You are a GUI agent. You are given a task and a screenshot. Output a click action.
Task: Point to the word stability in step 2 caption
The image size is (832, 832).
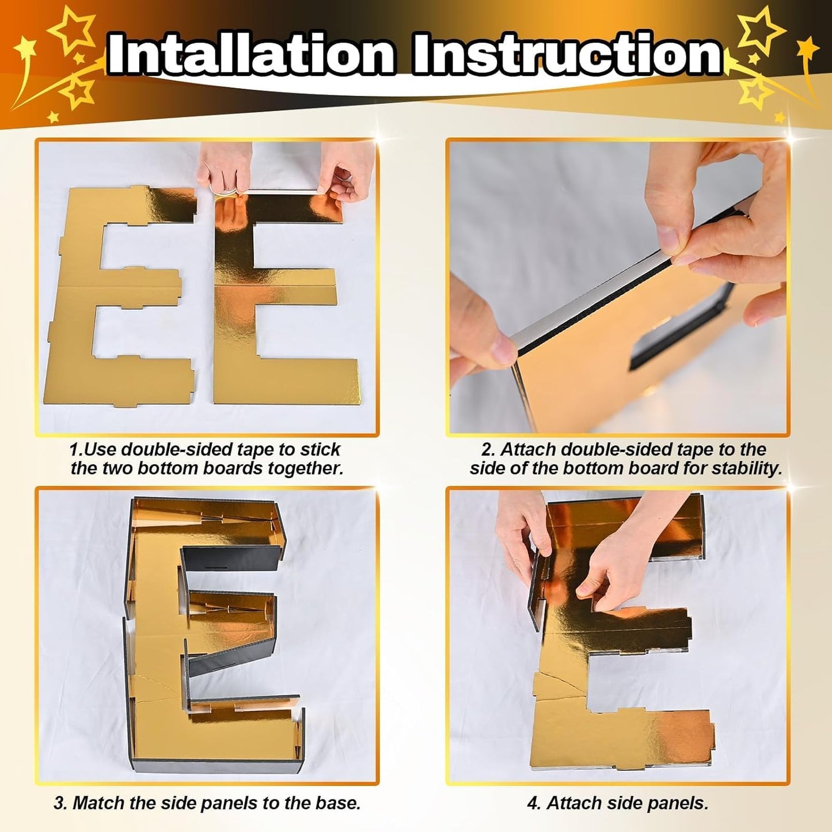click(x=747, y=469)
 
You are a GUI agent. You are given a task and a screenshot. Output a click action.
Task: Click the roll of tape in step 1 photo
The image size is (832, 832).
click(x=223, y=193)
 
